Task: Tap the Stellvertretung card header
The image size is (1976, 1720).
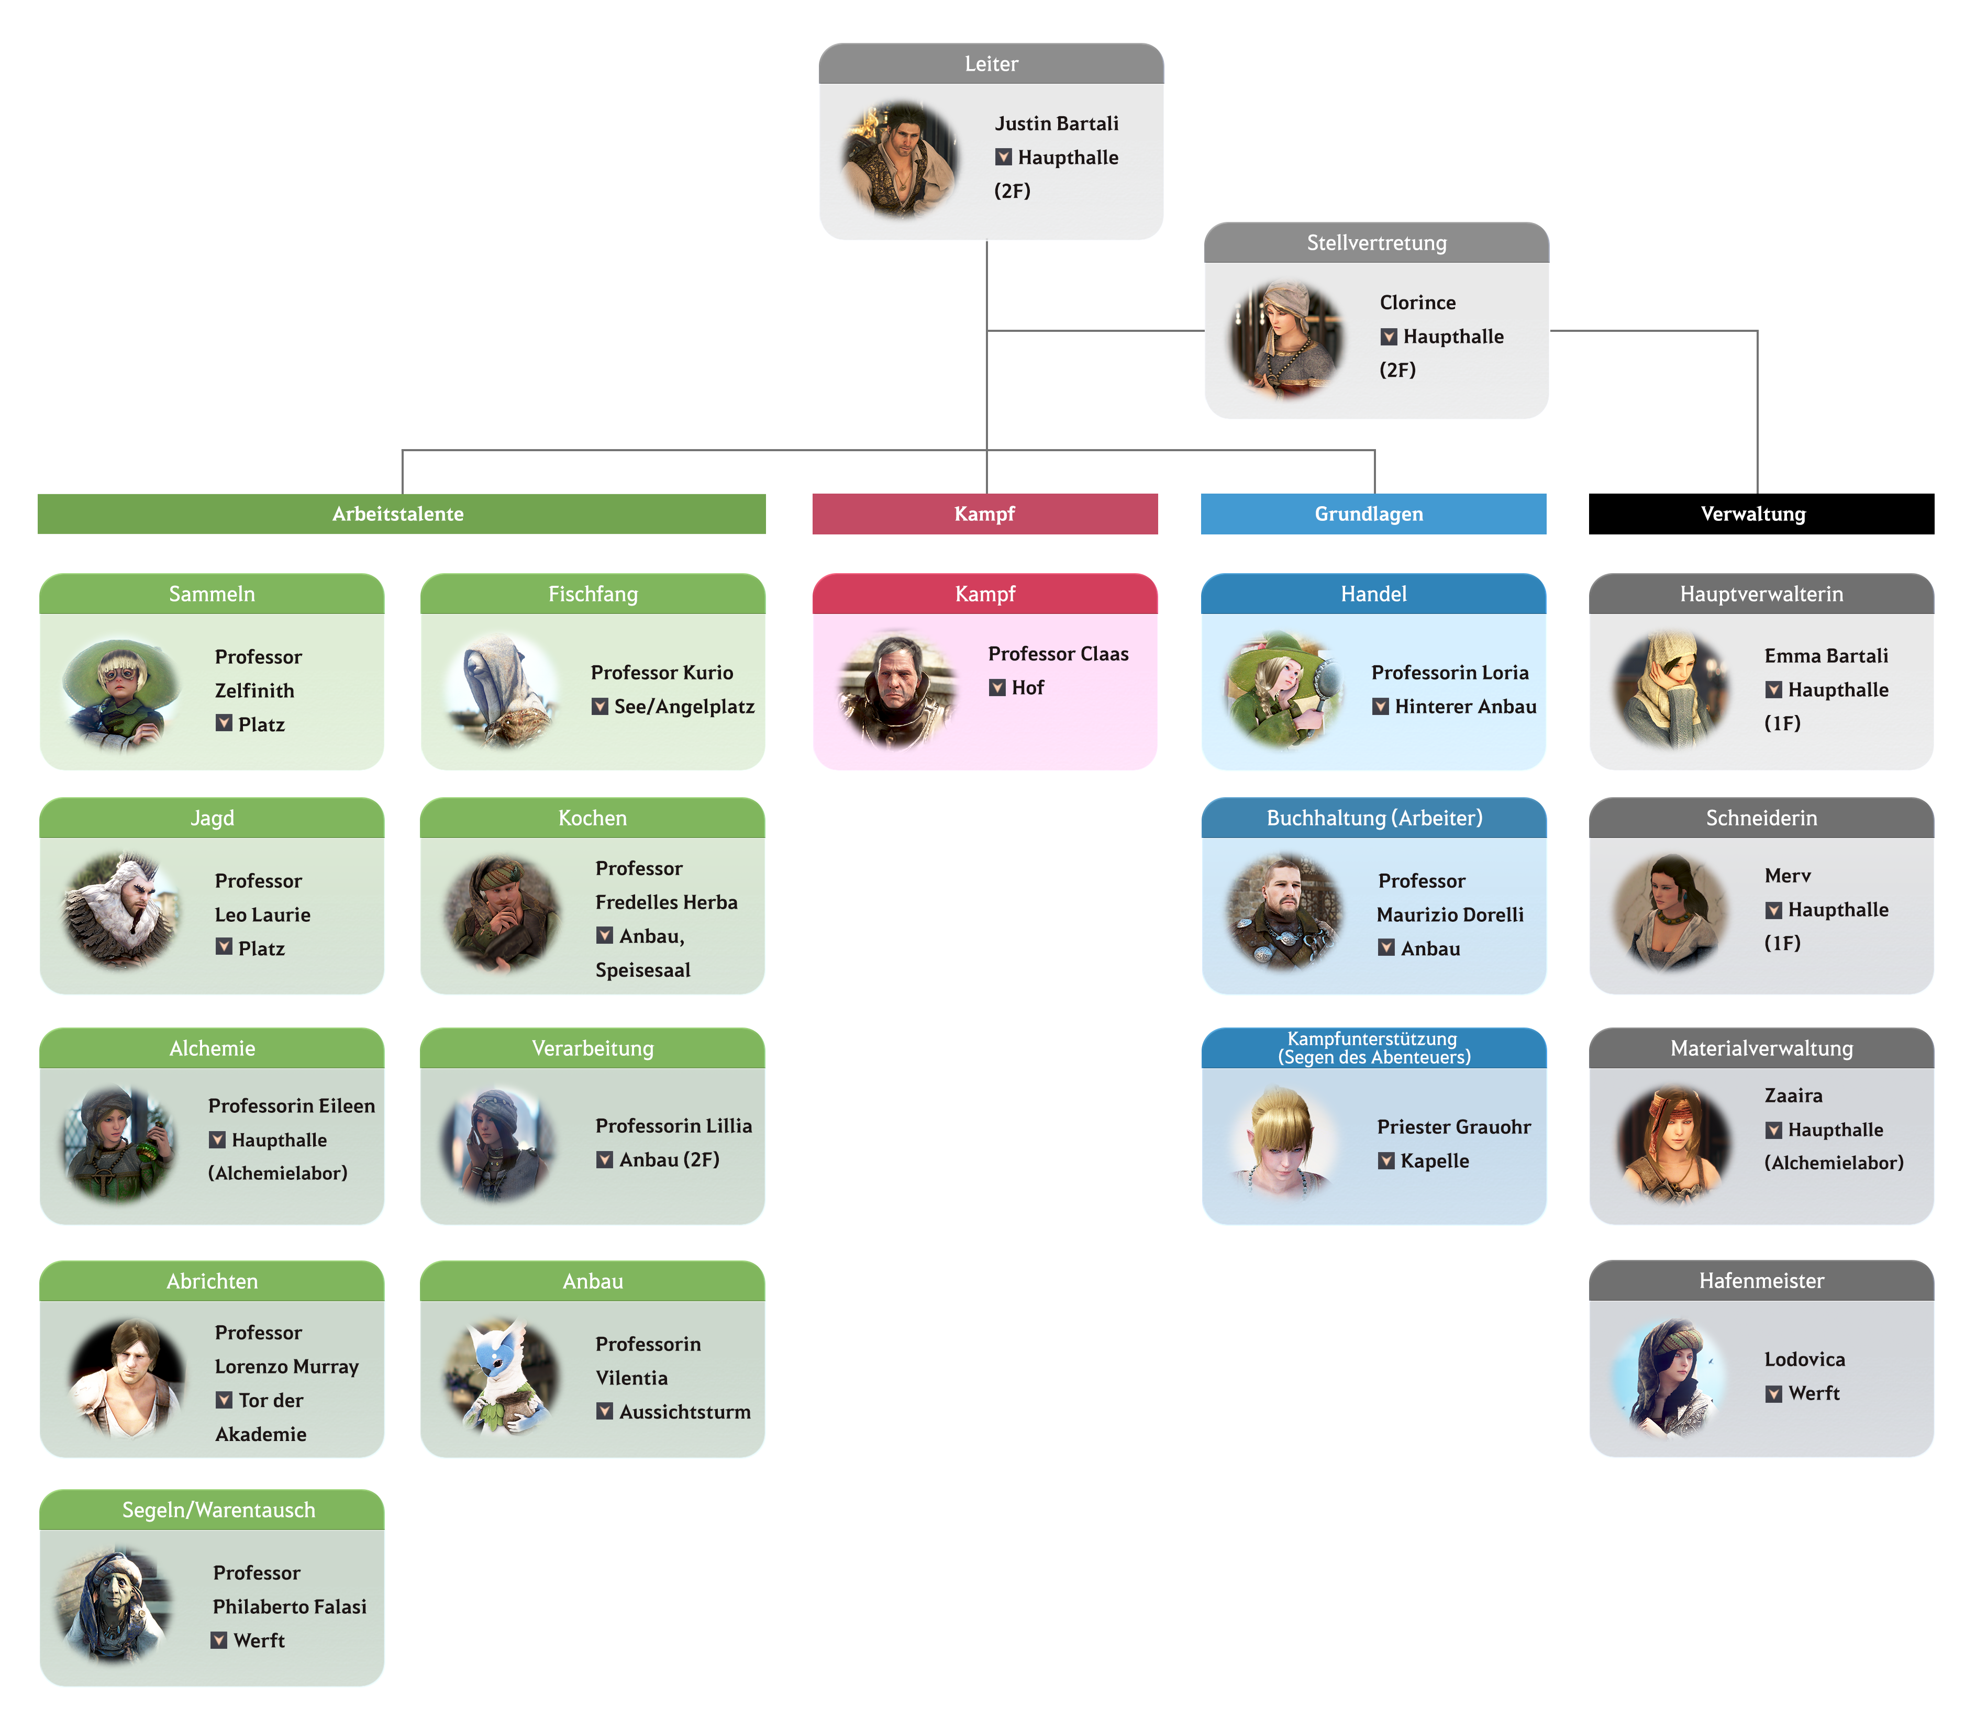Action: (1376, 243)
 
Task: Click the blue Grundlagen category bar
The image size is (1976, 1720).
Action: (1372, 513)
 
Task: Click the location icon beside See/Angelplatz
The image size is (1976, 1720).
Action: (600, 707)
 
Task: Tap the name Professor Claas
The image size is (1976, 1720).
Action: (1058, 654)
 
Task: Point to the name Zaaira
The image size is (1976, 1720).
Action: (1793, 1095)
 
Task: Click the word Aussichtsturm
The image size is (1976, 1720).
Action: (685, 1412)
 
